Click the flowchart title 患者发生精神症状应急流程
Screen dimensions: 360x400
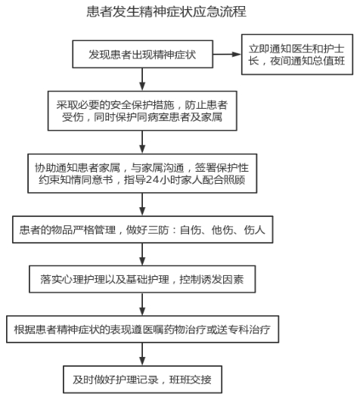(166, 12)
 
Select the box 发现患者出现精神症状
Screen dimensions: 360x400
(143, 54)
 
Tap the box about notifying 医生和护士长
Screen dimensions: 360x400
(297, 54)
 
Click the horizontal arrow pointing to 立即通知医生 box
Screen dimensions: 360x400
(227, 54)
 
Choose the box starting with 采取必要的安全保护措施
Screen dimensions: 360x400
(142, 111)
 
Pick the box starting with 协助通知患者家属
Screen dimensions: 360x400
(142, 173)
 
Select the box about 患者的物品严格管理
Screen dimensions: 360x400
(143, 230)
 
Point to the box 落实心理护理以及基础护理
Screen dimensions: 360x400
(142, 279)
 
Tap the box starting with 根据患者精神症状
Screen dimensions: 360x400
(143, 329)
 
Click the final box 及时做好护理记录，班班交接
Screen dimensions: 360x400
(143, 380)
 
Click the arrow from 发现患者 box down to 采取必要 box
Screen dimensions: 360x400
(142, 79)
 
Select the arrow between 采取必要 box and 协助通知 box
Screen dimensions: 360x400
(142, 142)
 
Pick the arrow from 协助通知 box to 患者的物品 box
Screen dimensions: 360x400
(142, 205)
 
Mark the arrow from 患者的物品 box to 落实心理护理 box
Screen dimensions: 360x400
(142, 254)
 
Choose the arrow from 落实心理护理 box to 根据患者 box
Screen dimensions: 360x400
(142, 304)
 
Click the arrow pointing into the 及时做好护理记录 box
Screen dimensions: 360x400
(142, 355)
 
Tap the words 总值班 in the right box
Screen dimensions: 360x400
(329, 61)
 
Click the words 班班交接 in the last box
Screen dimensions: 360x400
(191, 380)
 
